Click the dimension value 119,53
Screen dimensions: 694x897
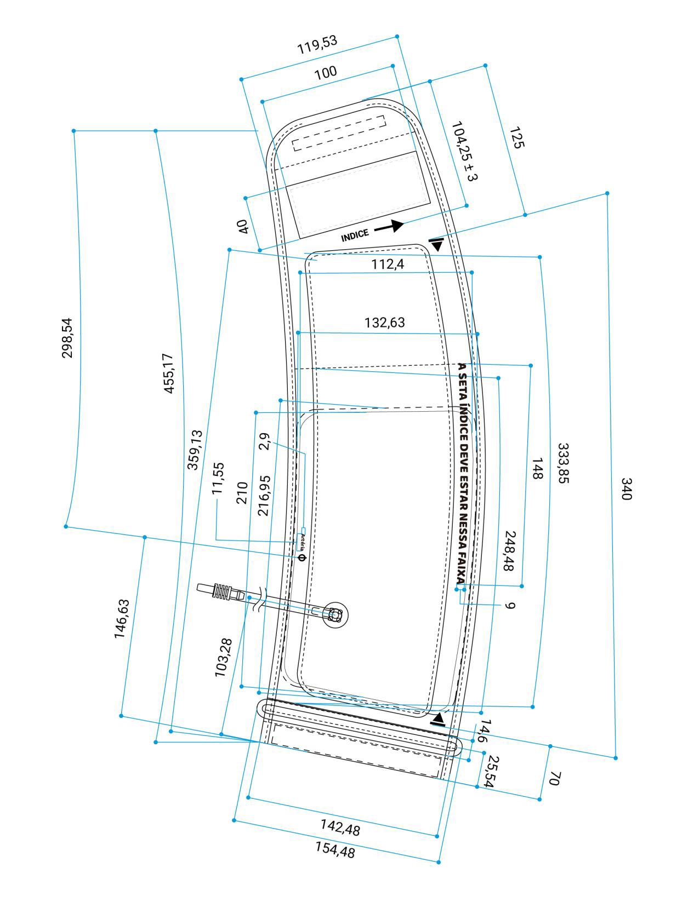click(317, 44)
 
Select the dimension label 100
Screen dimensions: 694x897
click(326, 73)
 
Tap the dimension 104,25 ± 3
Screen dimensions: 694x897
click(464, 151)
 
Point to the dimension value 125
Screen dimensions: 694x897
click(516, 137)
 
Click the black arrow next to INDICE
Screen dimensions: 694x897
click(389, 226)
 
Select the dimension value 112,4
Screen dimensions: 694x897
click(388, 264)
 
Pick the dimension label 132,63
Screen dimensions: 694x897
click(384, 323)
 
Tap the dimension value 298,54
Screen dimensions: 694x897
click(67, 338)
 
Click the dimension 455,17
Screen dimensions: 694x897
click(169, 373)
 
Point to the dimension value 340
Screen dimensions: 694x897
click(627, 488)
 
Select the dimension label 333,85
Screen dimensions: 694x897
click(564, 463)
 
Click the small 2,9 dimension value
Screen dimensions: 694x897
click(264, 441)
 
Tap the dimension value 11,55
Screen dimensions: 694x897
click(218, 478)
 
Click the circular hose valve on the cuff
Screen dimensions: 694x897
click(334, 614)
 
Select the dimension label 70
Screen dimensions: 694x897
click(554, 778)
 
